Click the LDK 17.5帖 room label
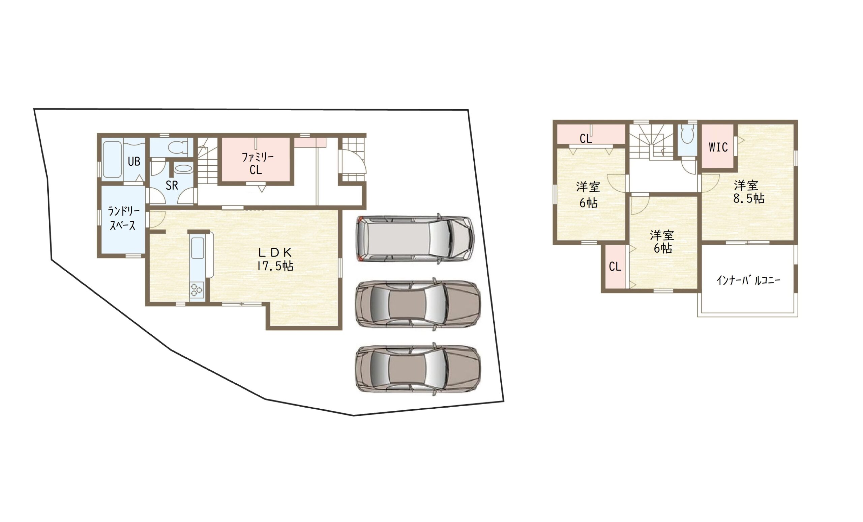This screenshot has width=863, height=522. [275, 259]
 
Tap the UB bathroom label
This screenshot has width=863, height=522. [134, 161]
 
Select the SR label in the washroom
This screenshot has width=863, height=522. [172, 186]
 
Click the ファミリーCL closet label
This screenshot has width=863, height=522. [257, 163]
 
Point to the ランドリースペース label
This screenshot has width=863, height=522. [123, 218]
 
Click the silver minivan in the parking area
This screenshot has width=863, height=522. [415, 238]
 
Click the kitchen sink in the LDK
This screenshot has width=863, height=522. [198, 248]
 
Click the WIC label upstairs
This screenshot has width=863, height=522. [718, 147]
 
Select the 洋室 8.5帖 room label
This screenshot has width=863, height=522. [748, 192]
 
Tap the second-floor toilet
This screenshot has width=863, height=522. [687, 135]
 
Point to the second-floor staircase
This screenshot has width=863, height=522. [651, 142]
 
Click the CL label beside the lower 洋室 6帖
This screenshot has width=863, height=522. [615, 267]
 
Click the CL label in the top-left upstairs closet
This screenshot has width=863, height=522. [586, 139]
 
